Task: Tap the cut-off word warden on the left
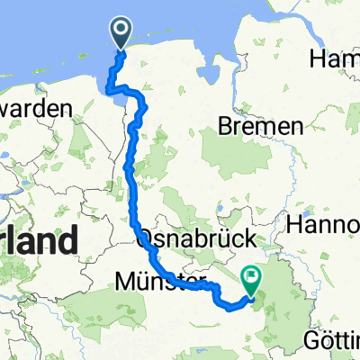click(x=36, y=107)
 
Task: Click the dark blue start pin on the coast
click(x=121, y=32)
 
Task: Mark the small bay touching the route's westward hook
click(x=110, y=85)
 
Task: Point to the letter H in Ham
click(x=316, y=59)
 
